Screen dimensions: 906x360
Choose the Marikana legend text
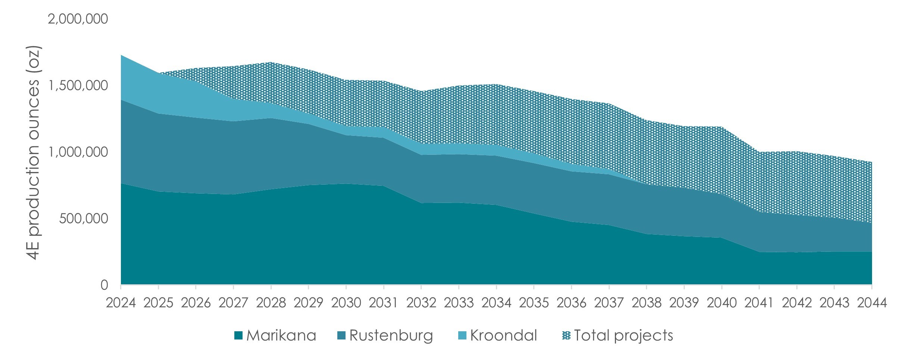tap(281, 336)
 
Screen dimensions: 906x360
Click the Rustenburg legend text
tap(391, 336)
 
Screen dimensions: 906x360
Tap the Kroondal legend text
tap(504, 336)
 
